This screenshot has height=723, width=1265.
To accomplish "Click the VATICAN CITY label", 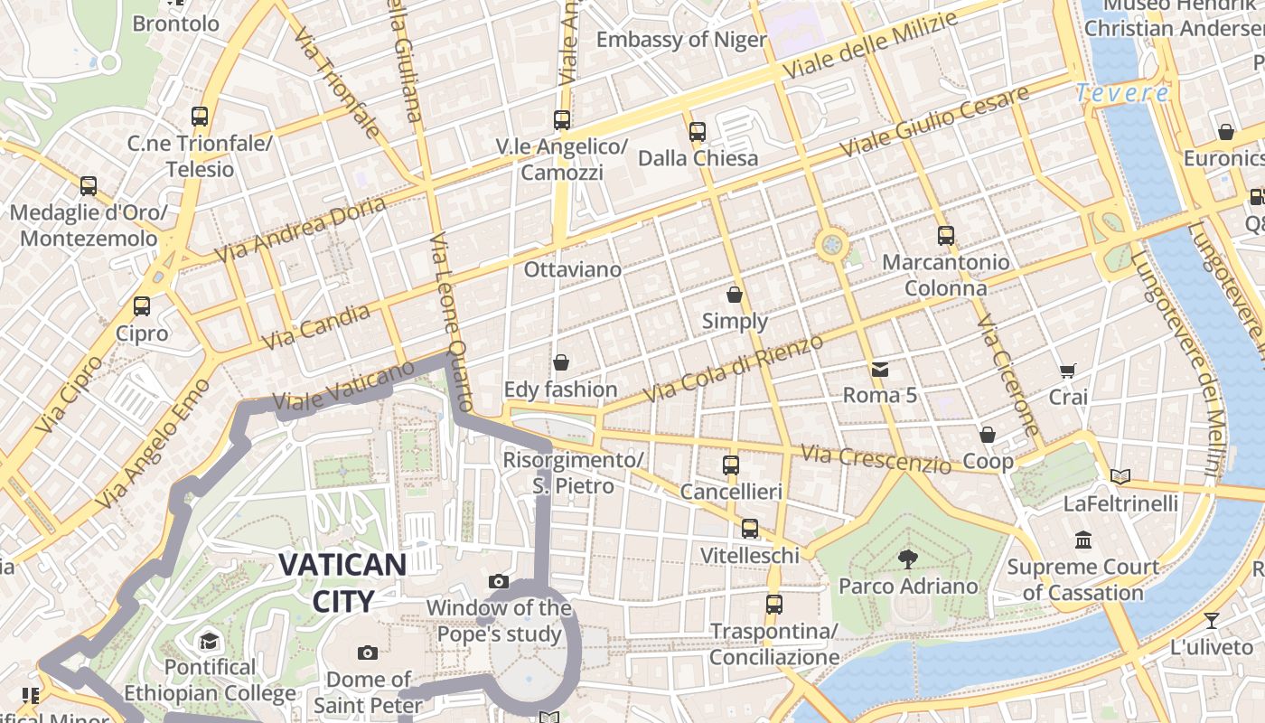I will point(342,583).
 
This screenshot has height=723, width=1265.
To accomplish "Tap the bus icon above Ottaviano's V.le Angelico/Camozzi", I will point(562,119).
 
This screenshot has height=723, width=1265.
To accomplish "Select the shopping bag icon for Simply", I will point(735,295).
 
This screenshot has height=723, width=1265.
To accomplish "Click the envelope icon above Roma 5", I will point(879,369).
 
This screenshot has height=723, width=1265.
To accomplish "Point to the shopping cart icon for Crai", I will point(1068,371).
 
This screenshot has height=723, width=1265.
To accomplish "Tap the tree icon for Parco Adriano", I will point(907,559).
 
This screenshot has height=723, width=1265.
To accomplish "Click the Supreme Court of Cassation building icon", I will point(1082,540).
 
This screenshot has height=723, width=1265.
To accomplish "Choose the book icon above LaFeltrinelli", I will point(1120,476).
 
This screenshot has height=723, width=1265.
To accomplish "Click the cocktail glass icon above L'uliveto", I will point(1211,621).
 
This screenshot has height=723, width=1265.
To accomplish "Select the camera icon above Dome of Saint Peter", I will point(368,653).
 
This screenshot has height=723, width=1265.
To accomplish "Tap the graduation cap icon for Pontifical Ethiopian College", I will point(210,642).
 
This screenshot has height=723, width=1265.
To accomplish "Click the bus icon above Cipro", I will point(142,306).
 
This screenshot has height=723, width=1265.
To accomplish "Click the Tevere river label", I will point(1122,93).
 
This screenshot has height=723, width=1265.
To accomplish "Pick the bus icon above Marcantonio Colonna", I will point(946,236).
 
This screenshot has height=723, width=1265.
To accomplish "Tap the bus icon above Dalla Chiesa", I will point(698,132).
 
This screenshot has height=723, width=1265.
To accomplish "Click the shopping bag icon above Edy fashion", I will point(561,363).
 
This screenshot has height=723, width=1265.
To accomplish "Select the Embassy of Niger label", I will point(681,40).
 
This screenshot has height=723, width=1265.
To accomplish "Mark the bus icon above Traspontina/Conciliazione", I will point(774,605).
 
